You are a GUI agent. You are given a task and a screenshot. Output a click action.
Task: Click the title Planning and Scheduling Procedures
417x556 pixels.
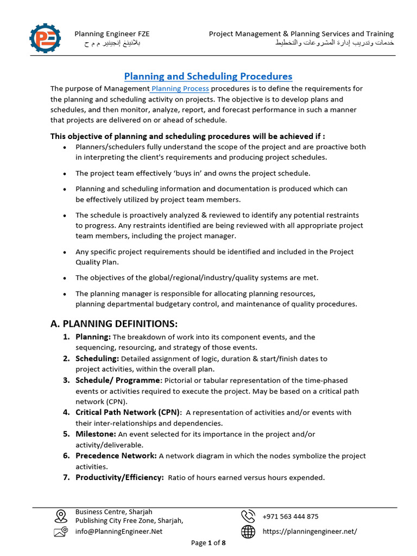click(x=208, y=76)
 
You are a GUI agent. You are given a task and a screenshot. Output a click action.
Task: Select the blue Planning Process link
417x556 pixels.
click(x=180, y=89)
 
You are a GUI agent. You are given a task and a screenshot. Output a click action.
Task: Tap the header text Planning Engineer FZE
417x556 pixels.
click(x=112, y=34)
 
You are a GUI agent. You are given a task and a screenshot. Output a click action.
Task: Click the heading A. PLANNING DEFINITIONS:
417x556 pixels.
click(x=114, y=324)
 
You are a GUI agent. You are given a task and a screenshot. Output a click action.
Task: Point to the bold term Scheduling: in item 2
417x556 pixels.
click(x=97, y=358)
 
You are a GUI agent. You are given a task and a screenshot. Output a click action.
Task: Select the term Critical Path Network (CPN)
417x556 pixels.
click(x=128, y=412)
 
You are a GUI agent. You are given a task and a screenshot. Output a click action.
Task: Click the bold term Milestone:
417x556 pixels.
click(x=96, y=434)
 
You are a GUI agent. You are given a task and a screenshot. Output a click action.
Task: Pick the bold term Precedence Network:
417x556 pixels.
click(x=116, y=456)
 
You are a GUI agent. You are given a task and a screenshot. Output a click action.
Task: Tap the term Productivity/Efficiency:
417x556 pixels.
click(x=119, y=477)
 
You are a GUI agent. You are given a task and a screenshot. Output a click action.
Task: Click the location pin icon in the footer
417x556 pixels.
click(x=61, y=516)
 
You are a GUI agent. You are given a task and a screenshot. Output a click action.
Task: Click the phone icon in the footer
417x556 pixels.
click(x=248, y=516)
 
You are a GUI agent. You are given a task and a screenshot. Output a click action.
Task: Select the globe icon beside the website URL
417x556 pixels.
click(x=248, y=532)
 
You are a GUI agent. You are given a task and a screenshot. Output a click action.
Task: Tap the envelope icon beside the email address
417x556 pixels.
click(x=61, y=532)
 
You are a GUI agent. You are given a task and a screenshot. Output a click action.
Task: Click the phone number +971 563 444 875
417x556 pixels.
click(x=290, y=516)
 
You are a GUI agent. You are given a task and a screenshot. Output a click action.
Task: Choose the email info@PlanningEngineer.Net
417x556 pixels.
click(x=119, y=532)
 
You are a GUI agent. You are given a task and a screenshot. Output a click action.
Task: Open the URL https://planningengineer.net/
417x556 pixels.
click(x=310, y=532)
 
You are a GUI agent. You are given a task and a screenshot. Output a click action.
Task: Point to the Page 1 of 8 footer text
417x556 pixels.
click(x=208, y=542)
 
